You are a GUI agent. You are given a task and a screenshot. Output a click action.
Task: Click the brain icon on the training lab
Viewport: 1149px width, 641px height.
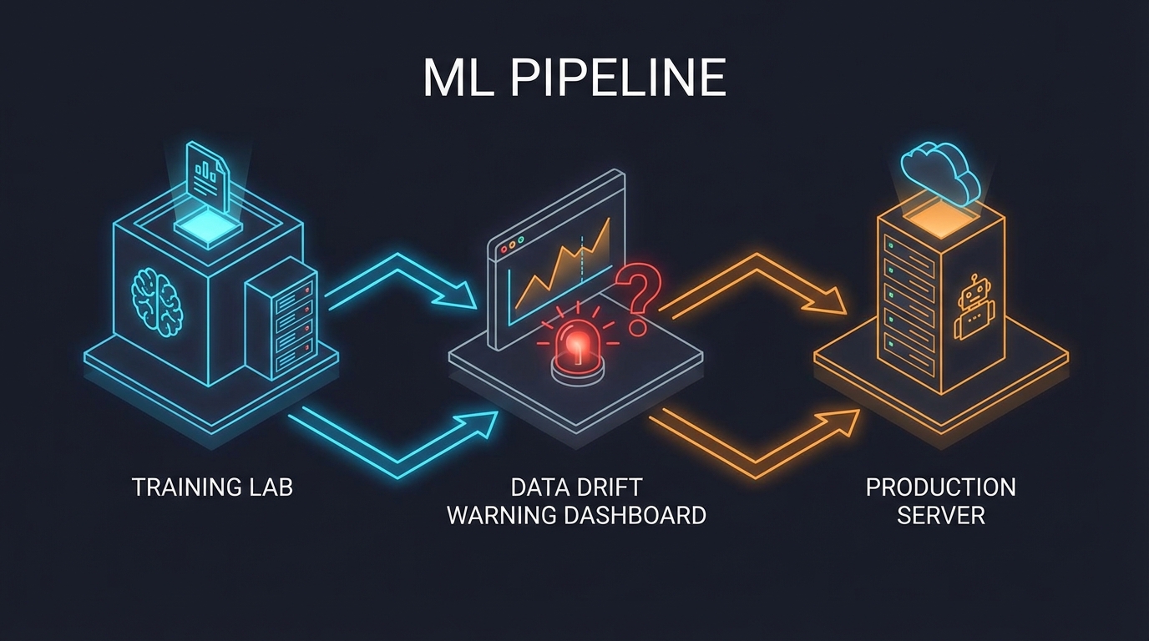click(x=157, y=299)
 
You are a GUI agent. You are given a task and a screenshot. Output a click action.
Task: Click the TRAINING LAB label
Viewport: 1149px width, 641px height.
click(x=212, y=487)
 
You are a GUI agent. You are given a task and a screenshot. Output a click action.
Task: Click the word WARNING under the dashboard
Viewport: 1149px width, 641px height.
click(x=502, y=515)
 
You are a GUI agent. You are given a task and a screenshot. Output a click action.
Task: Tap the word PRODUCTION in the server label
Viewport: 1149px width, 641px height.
click(x=940, y=487)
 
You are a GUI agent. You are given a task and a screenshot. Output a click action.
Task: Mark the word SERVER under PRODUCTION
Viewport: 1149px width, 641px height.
click(x=940, y=515)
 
